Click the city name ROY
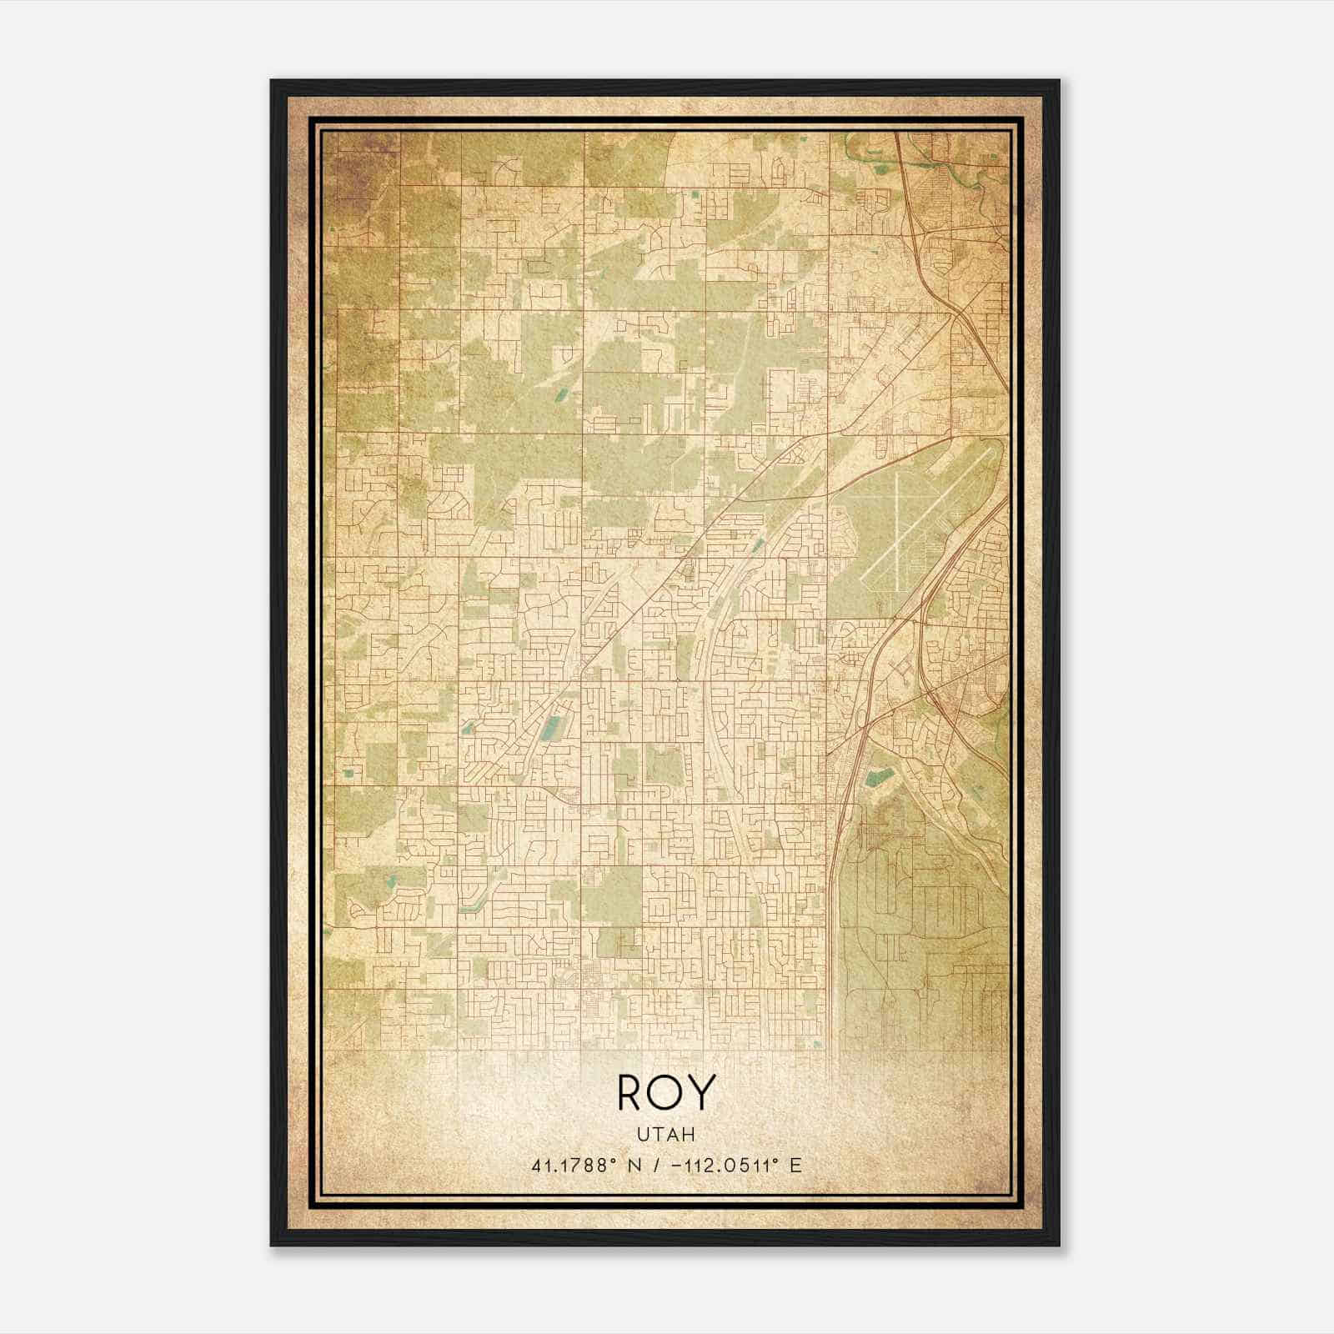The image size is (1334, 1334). (x=666, y=1093)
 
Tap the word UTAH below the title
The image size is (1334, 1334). (x=666, y=1135)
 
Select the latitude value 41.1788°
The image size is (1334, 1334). (x=576, y=1165)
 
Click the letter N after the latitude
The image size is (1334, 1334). (x=635, y=1165)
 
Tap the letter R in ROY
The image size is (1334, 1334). (x=630, y=1093)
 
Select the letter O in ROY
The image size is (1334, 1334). (x=666, y=1093)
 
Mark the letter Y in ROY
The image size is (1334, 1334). (x=702, y=1093)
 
